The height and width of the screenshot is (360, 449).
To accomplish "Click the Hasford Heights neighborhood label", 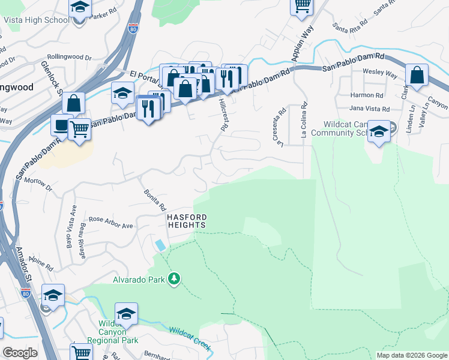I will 187,221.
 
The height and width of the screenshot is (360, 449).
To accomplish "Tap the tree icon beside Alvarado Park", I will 174,279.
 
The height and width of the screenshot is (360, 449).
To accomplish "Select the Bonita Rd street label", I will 155,199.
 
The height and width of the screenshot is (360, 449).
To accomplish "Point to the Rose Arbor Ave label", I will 110,222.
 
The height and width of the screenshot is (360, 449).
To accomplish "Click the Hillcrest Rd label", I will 224,115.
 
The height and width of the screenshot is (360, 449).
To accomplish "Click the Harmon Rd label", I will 366,95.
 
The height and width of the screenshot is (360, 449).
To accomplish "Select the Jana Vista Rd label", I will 369,109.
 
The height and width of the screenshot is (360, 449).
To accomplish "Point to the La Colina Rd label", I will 304,121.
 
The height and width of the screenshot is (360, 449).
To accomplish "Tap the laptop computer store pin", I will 61,125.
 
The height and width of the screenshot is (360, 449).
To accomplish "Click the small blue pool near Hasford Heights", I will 160,245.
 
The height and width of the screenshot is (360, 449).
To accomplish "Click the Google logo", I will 20,353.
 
